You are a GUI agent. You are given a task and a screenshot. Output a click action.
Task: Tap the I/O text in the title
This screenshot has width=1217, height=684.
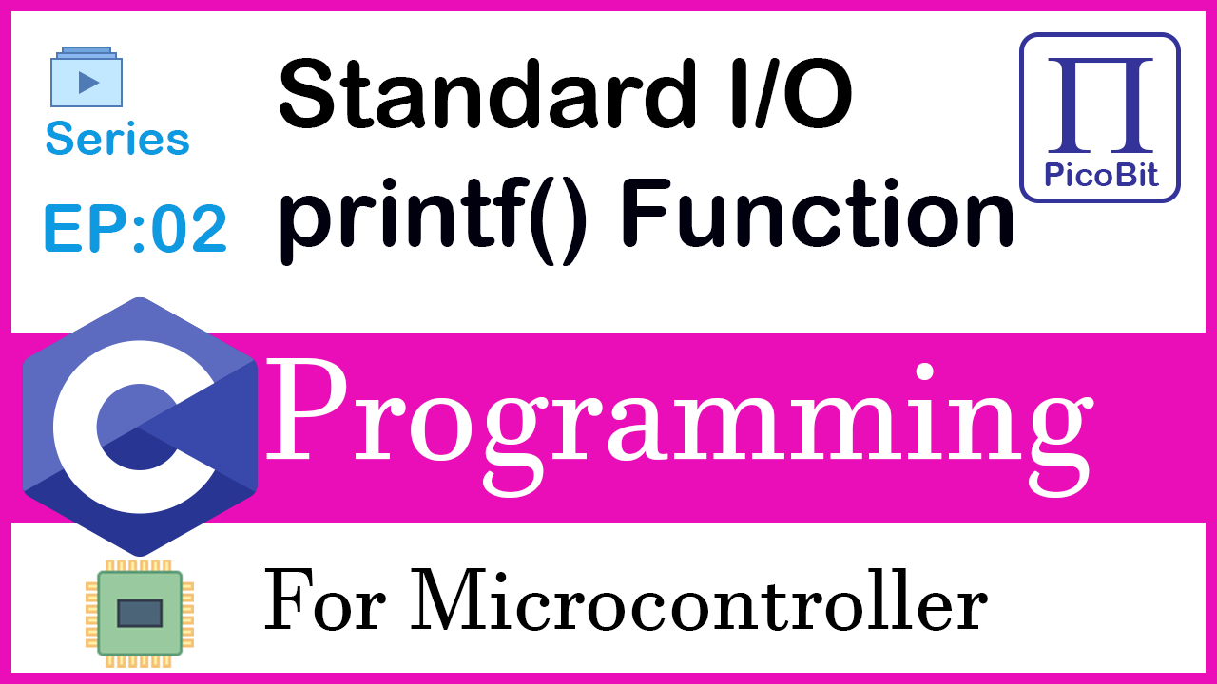[x=792, y=94]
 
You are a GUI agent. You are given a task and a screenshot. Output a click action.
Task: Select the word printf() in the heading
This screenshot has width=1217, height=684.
[x=433, y=219]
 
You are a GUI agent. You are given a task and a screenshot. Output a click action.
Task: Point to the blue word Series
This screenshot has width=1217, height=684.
[x=118, y=139]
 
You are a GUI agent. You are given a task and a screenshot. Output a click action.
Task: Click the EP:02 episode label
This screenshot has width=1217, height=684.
[x=135, y=228]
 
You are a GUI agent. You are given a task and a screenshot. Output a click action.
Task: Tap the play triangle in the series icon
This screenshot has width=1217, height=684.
[x=88, y=83]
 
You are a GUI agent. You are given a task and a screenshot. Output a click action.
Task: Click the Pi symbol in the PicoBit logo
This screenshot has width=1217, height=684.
[x=1100, y=104]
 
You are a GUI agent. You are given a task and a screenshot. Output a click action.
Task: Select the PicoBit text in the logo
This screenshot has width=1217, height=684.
[x=1101, y=176]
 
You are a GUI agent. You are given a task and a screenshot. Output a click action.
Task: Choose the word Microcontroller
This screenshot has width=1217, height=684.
[x=699, y=599]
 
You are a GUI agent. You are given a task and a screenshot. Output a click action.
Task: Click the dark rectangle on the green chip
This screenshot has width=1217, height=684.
[x=140, y=614]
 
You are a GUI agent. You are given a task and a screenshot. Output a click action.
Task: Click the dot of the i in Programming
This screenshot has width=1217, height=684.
[x=924, y=373]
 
